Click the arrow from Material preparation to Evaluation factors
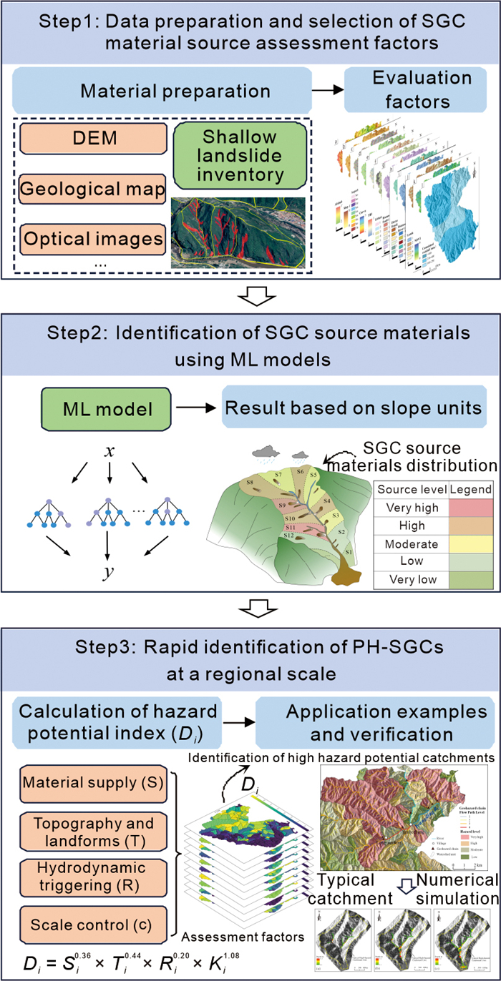[326, 91]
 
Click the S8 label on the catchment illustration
[252, 484]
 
